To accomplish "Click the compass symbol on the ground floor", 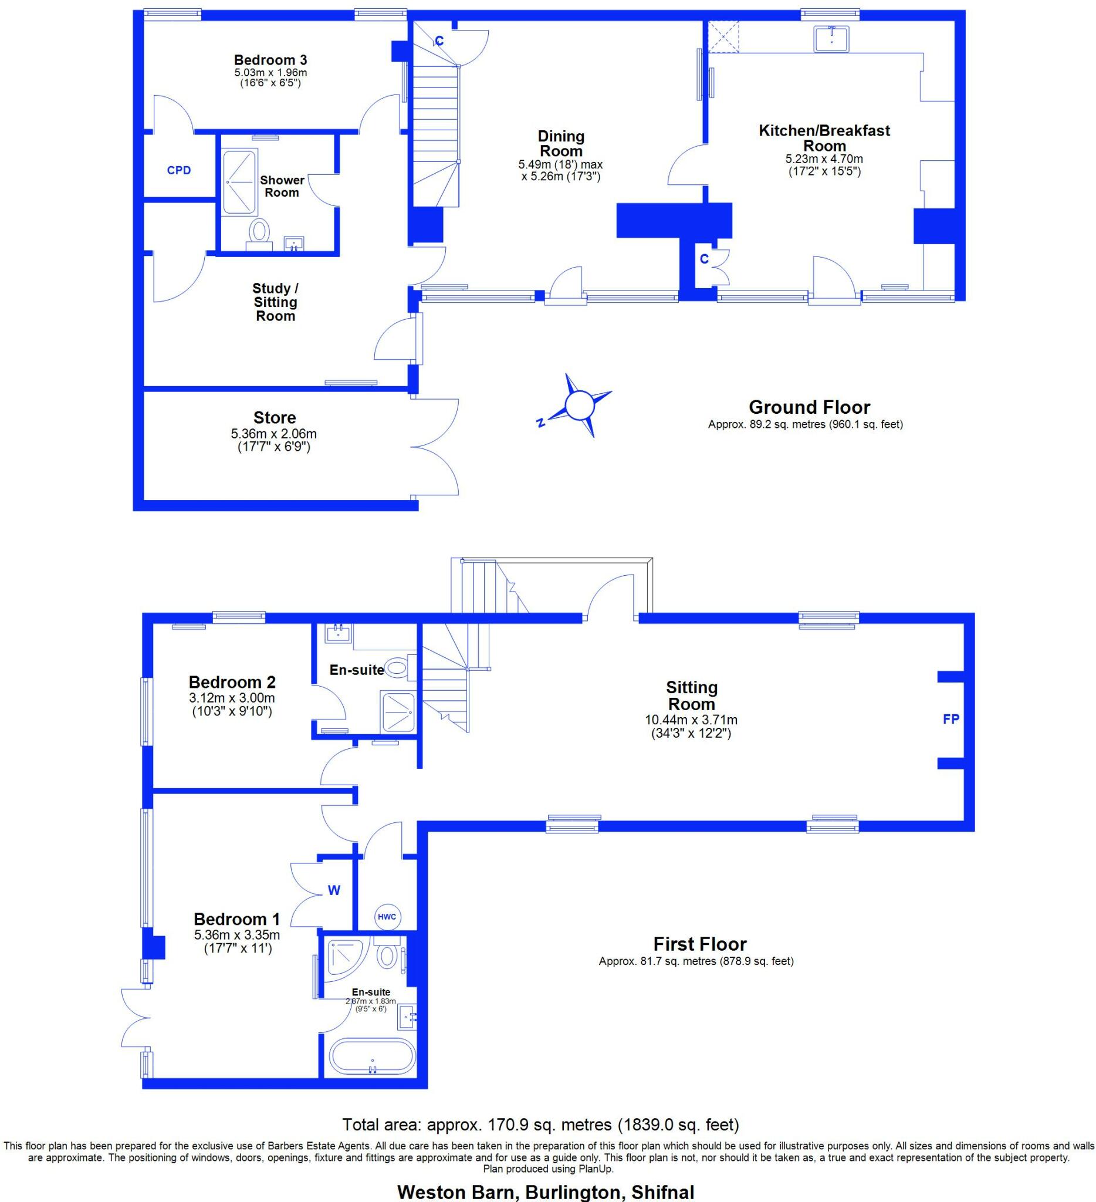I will click(576, 406).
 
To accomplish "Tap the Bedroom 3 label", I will click(270, 60).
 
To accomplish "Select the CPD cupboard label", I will click(179, 171).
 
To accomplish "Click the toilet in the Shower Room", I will click(259, 232).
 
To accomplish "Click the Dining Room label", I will click(561, 144).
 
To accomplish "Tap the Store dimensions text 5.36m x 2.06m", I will click(274, 434).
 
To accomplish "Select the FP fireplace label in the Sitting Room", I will click(950, 719).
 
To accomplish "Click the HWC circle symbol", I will click(387, 917).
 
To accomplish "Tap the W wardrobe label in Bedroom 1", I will click(334, 891).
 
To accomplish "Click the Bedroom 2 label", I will click(232, 682).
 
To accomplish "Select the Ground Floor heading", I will click(809, 407).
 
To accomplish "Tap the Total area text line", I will click(540, 1125).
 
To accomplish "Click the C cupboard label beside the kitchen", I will click(704, 259).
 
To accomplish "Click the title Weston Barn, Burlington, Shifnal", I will click(545, 1192).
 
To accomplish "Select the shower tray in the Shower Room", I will click(239, 182).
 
